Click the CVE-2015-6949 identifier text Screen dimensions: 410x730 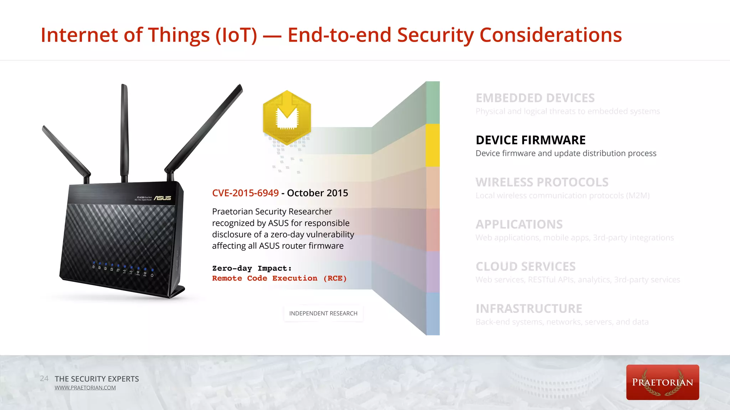click(245, 193)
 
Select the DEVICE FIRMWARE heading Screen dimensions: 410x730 click(530, 140)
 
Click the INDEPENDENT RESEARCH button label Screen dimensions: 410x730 click(323, 314)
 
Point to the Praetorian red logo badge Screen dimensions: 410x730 click(662, 382)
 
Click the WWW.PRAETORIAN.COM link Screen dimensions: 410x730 click(85, 388)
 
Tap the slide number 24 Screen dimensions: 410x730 click(44, 379)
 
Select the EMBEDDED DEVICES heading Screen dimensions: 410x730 click(535, 98)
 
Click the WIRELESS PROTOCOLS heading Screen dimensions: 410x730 click(542, 182)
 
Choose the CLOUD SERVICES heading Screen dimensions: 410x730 click(525, 267)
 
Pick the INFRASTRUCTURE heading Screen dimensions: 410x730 click(529, 309)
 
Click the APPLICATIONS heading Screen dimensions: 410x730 click(519, 225)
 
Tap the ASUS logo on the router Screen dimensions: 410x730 click(163, 198)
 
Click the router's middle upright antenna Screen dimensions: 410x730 click(124, 132)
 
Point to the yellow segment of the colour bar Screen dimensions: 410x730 click(433, 145)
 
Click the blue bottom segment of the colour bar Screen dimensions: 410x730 click(433, 314)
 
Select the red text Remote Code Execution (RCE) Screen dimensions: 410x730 click(279, 278)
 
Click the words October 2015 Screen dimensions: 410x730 click(318, 193)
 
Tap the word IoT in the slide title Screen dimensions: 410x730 click(236, 35)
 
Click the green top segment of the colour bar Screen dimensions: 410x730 click(433, 102)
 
